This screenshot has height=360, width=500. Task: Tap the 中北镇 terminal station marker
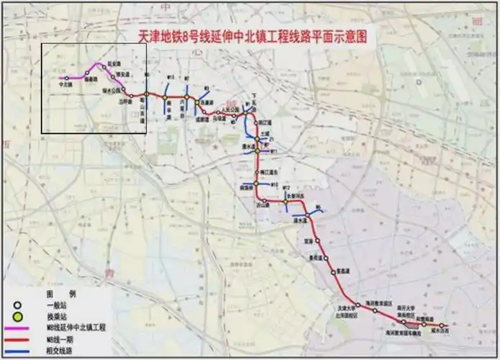[67, 78]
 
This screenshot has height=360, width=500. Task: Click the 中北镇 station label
[65, 84]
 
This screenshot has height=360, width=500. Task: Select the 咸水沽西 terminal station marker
[442, 325]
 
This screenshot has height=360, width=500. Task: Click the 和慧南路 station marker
[424, 325]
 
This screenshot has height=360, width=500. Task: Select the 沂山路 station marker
[264, 199]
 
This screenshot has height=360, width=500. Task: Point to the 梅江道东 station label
[268, 173]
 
